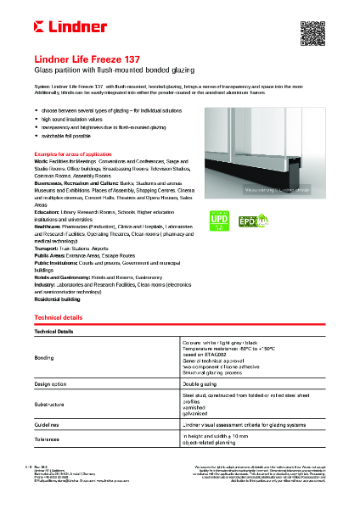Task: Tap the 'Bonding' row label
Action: point(44,358)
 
